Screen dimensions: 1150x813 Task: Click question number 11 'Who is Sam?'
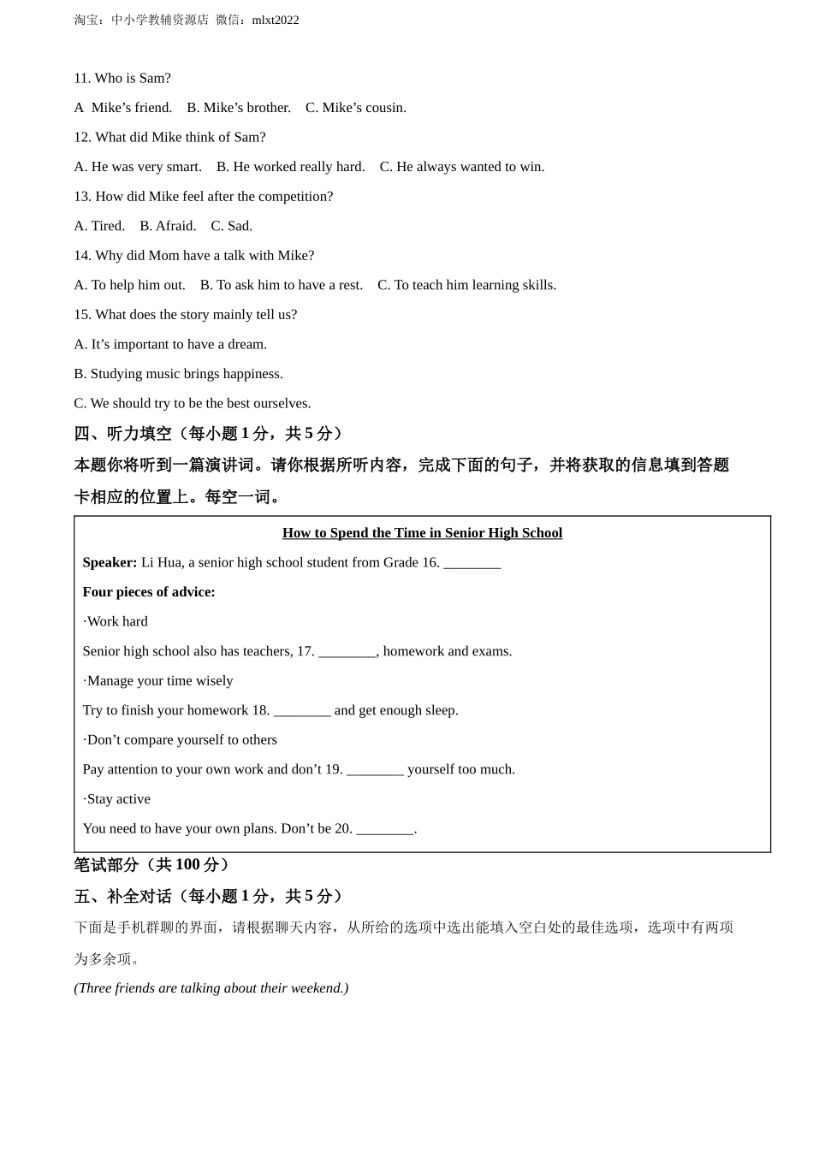click(x=122, y=78)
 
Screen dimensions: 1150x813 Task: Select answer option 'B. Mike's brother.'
click(x=239, y=108)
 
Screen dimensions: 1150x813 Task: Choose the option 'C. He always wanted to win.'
click(x=462, y=167)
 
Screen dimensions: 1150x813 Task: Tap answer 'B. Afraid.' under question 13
click(x=168, y=226)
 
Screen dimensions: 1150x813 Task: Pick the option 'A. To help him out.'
click(x=129, y=285)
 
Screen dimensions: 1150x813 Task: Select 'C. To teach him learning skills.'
click(x=466, y=285)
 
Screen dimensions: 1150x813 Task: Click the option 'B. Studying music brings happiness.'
click(x=178, y=374)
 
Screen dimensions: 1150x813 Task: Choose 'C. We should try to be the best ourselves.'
click(x=193, y=403)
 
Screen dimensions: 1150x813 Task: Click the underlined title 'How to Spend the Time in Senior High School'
click(x=422, y=533)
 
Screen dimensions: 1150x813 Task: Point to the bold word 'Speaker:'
click(x=110, y=562)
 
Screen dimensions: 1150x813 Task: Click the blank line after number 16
click(x=472, y=564)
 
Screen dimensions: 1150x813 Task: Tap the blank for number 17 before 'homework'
click(x=347, y=653)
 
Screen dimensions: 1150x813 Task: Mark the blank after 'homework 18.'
click(x=302, y=712)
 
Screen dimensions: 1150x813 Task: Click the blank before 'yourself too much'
click(x=375, y=771)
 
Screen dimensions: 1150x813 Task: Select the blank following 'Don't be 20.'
click(x=384, y=830)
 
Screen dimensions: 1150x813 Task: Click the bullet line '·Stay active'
click(x=116, y=799)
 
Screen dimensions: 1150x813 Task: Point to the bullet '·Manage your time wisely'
click(x=157, y=681)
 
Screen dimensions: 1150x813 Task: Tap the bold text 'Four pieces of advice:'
click(x=149, y=592)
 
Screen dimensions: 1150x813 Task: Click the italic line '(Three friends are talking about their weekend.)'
click(x=211, y=988)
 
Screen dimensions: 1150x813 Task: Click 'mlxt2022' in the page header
click(x=276, y=20)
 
